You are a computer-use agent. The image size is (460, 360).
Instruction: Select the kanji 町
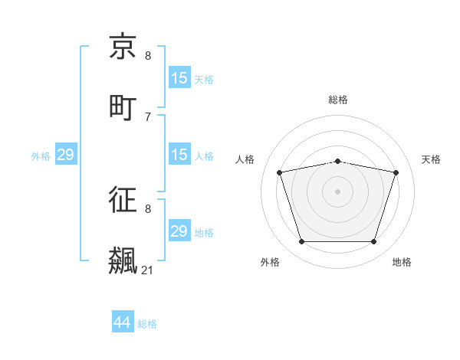point(123,106)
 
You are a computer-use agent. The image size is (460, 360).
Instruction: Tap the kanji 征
point(123,201)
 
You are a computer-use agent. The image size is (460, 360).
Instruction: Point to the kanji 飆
point(123,260)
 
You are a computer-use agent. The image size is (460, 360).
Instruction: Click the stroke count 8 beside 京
point(148,56)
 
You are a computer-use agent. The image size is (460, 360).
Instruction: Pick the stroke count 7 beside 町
point(148,116)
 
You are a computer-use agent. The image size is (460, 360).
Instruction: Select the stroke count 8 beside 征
point(148,208)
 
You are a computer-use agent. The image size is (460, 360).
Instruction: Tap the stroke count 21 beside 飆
point(148,270)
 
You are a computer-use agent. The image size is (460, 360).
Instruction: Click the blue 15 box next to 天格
point(179,78)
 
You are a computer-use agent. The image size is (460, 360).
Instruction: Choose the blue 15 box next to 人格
point(179,155)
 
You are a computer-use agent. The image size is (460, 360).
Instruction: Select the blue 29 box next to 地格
point(179,231)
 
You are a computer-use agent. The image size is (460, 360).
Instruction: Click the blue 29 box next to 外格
point(66,155)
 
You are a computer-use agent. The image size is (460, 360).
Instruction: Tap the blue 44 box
point(123,322)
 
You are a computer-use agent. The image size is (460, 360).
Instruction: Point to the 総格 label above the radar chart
point(338,100)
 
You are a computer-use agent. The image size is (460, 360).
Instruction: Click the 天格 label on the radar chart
point(431,159)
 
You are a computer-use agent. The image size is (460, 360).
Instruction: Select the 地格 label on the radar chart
point(402,262)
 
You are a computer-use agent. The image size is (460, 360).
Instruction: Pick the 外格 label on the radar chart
point(270,262)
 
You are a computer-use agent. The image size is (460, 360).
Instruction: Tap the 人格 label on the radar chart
point(245,159)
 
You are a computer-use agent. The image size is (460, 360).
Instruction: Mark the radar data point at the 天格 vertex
point(396,172)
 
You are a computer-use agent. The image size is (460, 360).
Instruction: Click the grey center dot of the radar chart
point(337,191)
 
